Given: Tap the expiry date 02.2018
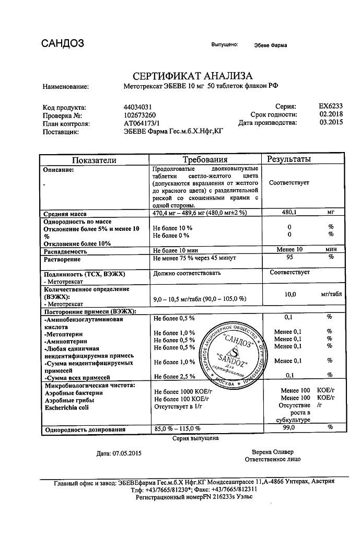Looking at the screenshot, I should (x=330, y=114).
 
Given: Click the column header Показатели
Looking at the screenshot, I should (x=94, y=160).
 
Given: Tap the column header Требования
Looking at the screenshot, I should (x=205, y=159).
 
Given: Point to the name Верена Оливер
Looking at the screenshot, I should (x=272, y=451).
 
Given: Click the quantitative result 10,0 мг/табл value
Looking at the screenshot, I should (x=291, y=295).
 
